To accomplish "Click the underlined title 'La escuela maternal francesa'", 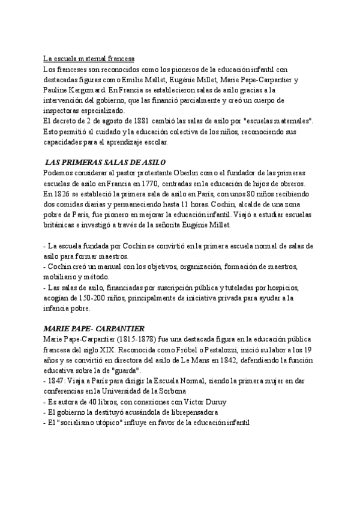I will point(89,59).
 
